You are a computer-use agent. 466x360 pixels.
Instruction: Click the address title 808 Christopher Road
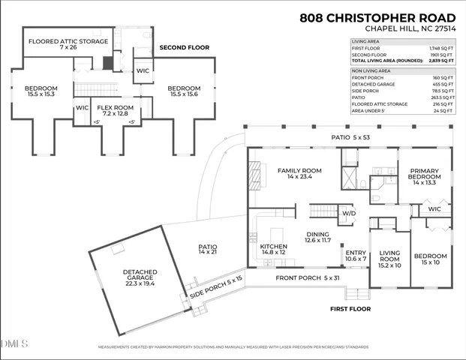(377, 17)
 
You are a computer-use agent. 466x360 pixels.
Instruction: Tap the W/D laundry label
(349, 214)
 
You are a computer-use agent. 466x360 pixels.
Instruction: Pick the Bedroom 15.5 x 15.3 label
(35, 91)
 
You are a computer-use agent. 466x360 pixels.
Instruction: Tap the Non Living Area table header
(371, 71)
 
